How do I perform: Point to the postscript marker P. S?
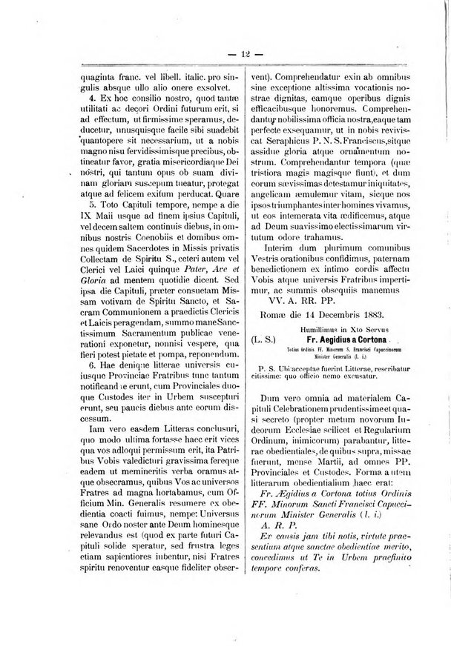pos(265,367)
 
